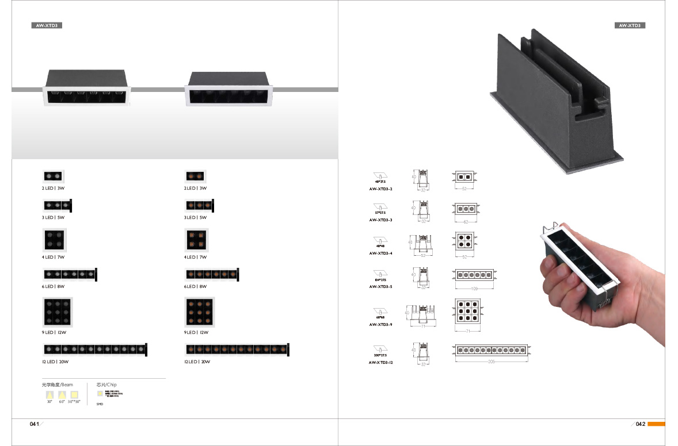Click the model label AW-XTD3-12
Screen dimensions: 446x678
tap(381, 363)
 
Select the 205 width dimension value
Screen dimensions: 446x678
tap(491, 362)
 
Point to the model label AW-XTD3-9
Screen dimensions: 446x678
tap(381, 325)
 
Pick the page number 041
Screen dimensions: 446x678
tap(35, 424)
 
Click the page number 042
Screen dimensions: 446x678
tap(641, 424)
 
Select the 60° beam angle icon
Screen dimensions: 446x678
tap(62, 395)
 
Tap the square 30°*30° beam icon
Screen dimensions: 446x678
tap(74, 395)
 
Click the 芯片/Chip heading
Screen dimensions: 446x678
tap(106, 385)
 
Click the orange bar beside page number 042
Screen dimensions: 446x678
tap(656, 424)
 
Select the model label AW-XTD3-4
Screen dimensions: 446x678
tap(381, 253)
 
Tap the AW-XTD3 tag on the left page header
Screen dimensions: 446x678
tap(46, 26)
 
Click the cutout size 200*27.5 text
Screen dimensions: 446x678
tap(380, 356)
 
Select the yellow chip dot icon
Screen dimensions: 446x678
tap(100, 394)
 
